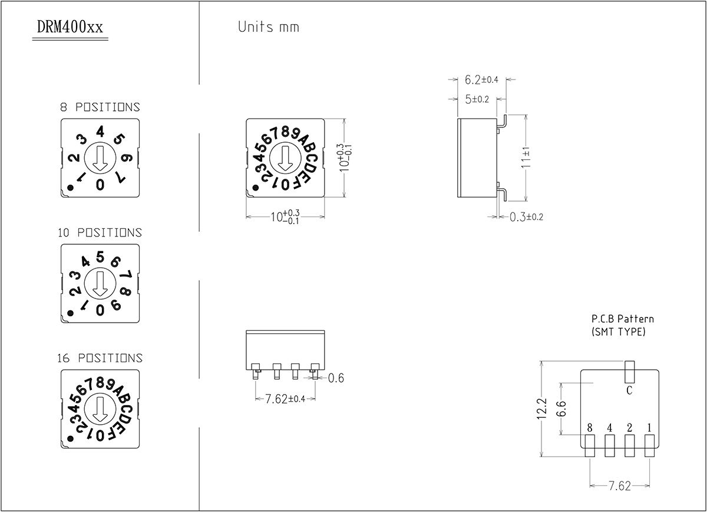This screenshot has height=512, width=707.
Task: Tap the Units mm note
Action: pos(268,27)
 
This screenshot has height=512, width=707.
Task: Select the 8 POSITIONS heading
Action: pos(100,107)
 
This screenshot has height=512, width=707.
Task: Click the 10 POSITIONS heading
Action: pos(100,233)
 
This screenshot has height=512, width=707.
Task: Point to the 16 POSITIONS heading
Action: pos(100,358)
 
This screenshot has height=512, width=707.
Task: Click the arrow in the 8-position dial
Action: pos(100,157)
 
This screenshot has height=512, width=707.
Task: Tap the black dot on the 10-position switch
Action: pos(71,313)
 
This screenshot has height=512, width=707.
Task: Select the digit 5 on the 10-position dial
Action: pos(100,256)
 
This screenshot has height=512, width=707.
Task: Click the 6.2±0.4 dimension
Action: pos(481,80)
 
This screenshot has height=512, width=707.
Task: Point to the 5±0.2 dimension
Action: pos(477,99)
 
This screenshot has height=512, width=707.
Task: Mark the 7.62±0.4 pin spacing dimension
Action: pos(285,399)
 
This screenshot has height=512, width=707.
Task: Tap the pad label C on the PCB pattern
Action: pos(629,390)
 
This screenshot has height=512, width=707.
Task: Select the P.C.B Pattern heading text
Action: pos(622,319)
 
